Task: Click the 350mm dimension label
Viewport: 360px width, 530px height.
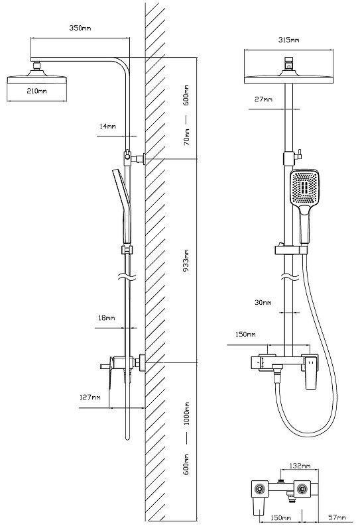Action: [80, 28]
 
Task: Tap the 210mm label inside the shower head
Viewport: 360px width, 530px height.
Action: [37, 91]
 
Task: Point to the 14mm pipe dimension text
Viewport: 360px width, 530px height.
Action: [107, 126]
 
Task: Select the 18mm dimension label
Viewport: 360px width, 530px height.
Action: [107, 318]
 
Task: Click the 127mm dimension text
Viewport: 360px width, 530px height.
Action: [90, 397]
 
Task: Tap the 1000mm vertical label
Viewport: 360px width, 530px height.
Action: [186, 413]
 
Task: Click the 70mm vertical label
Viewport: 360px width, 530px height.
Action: [186, 137]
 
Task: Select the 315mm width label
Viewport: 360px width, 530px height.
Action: [288, 40]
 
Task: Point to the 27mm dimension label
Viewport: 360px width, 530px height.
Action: [263, 99]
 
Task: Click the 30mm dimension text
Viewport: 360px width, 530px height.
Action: [263, 303]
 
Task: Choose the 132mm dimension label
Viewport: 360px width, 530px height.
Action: [300, 466]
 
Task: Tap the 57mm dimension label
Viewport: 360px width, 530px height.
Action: [337, 517]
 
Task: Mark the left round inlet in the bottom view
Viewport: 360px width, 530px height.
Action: [260, 489]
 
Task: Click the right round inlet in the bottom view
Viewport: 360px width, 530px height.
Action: [302, 489]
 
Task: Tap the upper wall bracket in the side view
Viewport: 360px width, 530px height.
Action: [135, 158]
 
